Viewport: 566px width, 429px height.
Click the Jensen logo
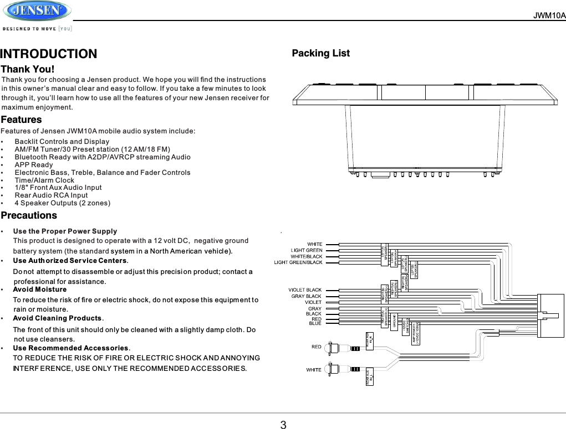click(x=37, y=11)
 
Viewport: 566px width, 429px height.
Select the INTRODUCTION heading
click(x=49, y=54)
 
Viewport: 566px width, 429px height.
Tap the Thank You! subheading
click(x=28, y=69)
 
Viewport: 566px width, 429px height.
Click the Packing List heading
click(x=320, y=53)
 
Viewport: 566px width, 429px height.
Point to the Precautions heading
click(x=29, y=215)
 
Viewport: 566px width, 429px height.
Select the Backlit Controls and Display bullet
click(x=62, y=142)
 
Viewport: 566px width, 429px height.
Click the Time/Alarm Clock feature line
click(x=44, y=180)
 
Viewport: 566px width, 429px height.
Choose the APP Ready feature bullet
click(x=34, y=164)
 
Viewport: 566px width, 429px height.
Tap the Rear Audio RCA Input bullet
click(x=51, y=195)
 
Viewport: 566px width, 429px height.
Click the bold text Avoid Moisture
click(x=39, y=290)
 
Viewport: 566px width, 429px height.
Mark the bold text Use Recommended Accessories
click(x=70, y=348)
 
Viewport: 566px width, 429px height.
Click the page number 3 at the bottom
click(x=283, y=425)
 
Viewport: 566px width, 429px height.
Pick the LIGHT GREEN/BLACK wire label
click(x=298, y=262)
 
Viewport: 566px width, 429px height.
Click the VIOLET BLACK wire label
click(x=305, y=290)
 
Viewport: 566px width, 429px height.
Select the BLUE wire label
click(x=315, y=324)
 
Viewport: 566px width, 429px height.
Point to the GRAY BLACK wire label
click(x=307, y=296)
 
